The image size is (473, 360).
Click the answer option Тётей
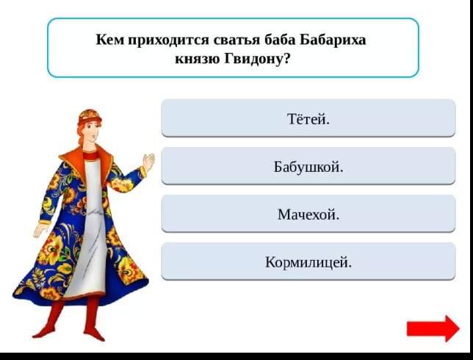tap(308, 118)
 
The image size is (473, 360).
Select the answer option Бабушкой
tap(308, 166)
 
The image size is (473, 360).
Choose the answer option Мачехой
tap(308, 214)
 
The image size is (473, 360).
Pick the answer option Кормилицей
tap(308, 262)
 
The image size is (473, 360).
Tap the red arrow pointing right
tap(433, 328)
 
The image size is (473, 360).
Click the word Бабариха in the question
tap(333, 40)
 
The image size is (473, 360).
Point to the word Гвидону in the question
tap(257, 59)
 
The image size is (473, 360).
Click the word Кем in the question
tap(110, 40)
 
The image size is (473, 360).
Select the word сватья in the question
tap(236, 40)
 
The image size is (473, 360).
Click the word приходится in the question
tap(169, 40)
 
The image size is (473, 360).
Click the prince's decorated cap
tap(90, 116)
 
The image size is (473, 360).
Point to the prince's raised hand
tap(148, 162)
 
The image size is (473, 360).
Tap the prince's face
tap(91, 133)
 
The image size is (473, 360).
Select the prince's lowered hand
tap(40, 230)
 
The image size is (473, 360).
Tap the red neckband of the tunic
tap(90, 156)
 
